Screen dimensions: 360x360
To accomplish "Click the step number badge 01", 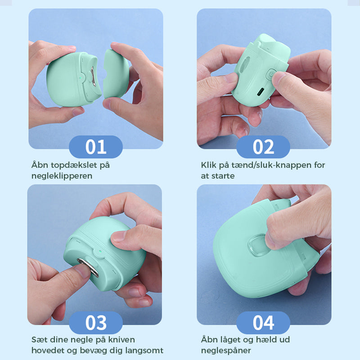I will coord(95,147).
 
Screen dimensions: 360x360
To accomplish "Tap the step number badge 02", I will coord(263,147).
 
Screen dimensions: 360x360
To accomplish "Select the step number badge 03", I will coord(95,323).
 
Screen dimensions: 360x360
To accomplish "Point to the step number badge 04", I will coord(263,323).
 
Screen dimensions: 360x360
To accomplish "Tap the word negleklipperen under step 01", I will coord(62,176).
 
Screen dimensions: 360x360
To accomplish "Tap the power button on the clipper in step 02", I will coord(271,74).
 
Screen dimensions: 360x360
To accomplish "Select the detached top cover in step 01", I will coord(116,74).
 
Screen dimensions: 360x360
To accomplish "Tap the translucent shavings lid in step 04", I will coord(256,248).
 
